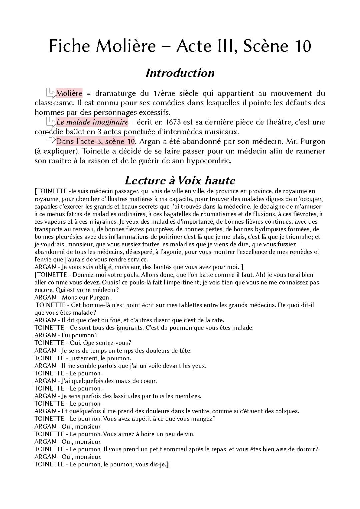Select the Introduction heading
pyautogui.click(x=180, y=73)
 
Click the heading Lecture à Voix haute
pyautogui.click(x=180, y=180)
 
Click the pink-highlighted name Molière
pyautogui.click(x=69, y=93)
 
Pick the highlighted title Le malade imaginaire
pyautogui.click(x=92, y=122)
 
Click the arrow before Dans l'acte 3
pyautogui.click(x=51, y=139)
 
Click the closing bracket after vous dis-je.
pyautogui.click(x=167, y=464)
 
